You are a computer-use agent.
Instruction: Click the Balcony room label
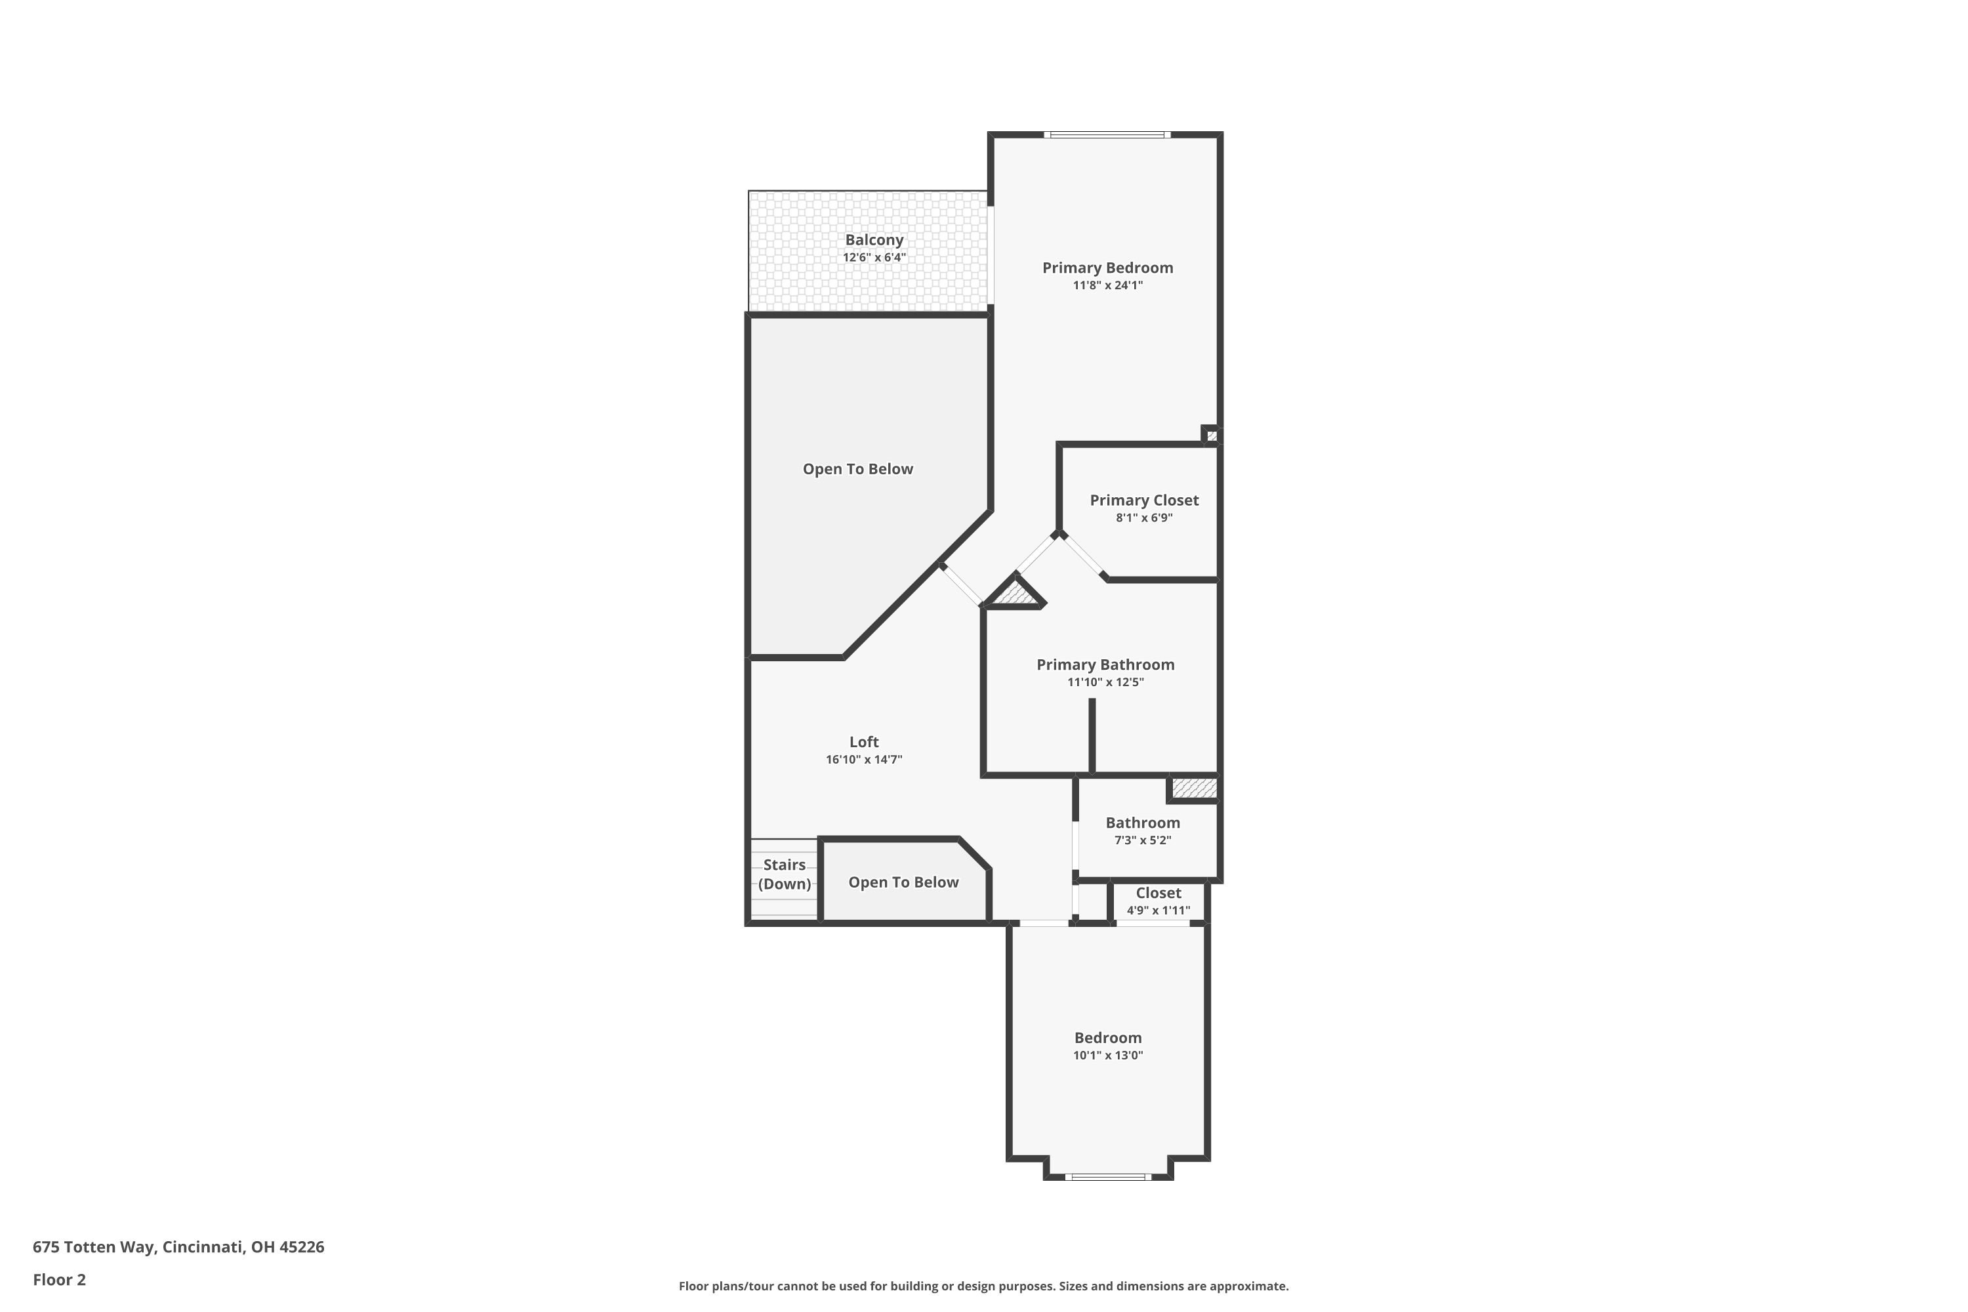874,240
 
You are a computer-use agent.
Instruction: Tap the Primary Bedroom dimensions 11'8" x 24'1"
1108,285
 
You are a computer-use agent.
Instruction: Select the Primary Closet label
1144,501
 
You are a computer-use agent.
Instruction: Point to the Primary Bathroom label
1105,665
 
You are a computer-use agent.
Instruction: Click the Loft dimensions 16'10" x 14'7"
863,760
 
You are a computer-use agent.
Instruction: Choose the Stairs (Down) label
784,874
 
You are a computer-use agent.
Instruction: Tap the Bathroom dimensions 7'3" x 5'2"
1142,840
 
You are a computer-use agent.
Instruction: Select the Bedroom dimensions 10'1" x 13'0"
1108,1055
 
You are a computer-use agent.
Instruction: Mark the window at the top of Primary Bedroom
1107,134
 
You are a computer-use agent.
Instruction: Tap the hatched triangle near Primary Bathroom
1015,592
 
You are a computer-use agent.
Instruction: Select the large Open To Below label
857,470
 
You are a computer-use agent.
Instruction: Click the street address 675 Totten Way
178,1247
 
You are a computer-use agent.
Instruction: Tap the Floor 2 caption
60,1279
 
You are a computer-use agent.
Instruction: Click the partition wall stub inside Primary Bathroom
1092,736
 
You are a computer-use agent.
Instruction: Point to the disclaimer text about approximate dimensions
983,1286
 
